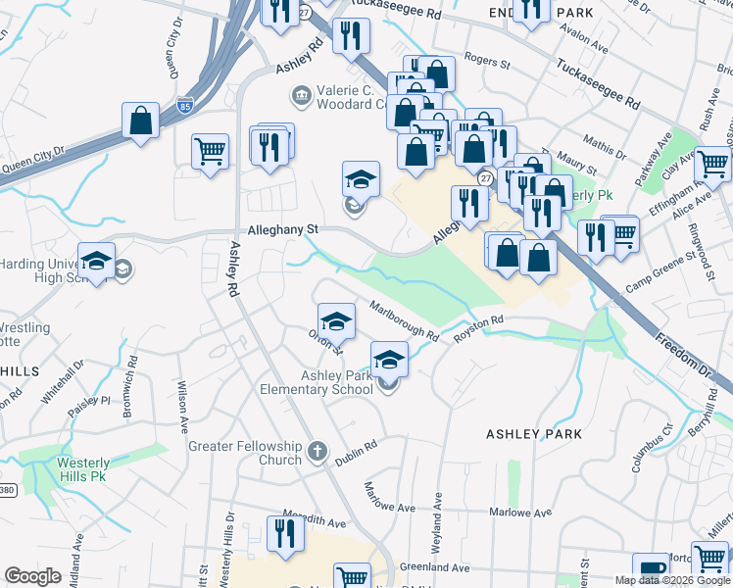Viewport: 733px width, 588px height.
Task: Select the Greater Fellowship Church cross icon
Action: [x=316, y=452]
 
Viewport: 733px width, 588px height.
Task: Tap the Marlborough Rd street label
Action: [x=404, y=320]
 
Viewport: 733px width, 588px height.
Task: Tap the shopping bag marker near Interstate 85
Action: [x=141, y=122]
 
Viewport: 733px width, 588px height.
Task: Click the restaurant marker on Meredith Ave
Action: [x=285, y=534]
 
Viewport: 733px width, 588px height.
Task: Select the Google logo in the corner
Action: [x=33, y=577]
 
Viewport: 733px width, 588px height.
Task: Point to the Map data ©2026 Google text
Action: [x=672, y=580]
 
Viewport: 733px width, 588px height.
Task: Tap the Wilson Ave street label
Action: [x=182, y=407]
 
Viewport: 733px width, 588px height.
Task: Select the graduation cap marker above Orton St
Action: [x=335, y=320]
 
